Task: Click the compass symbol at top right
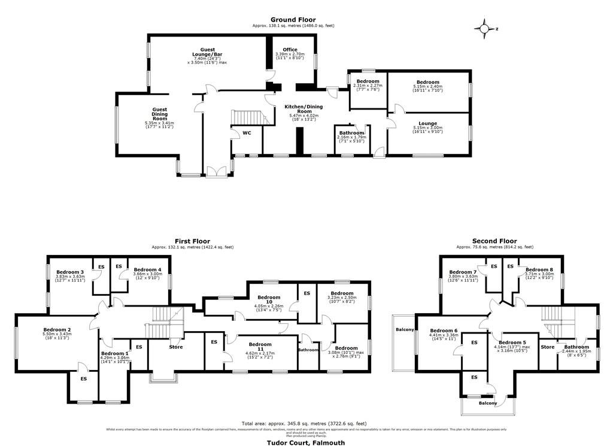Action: [484, 28]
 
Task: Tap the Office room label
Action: [290, 50]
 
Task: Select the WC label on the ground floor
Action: [246, 133]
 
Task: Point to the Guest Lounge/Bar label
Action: [208, 53]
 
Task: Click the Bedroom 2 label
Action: [57, 330]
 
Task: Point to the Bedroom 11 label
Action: [260, 344]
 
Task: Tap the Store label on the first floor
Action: [175, 347]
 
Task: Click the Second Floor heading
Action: [494, 241]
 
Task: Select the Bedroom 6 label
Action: [444, 330]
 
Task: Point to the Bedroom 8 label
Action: [539, 270]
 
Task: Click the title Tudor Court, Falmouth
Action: [306, 442]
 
